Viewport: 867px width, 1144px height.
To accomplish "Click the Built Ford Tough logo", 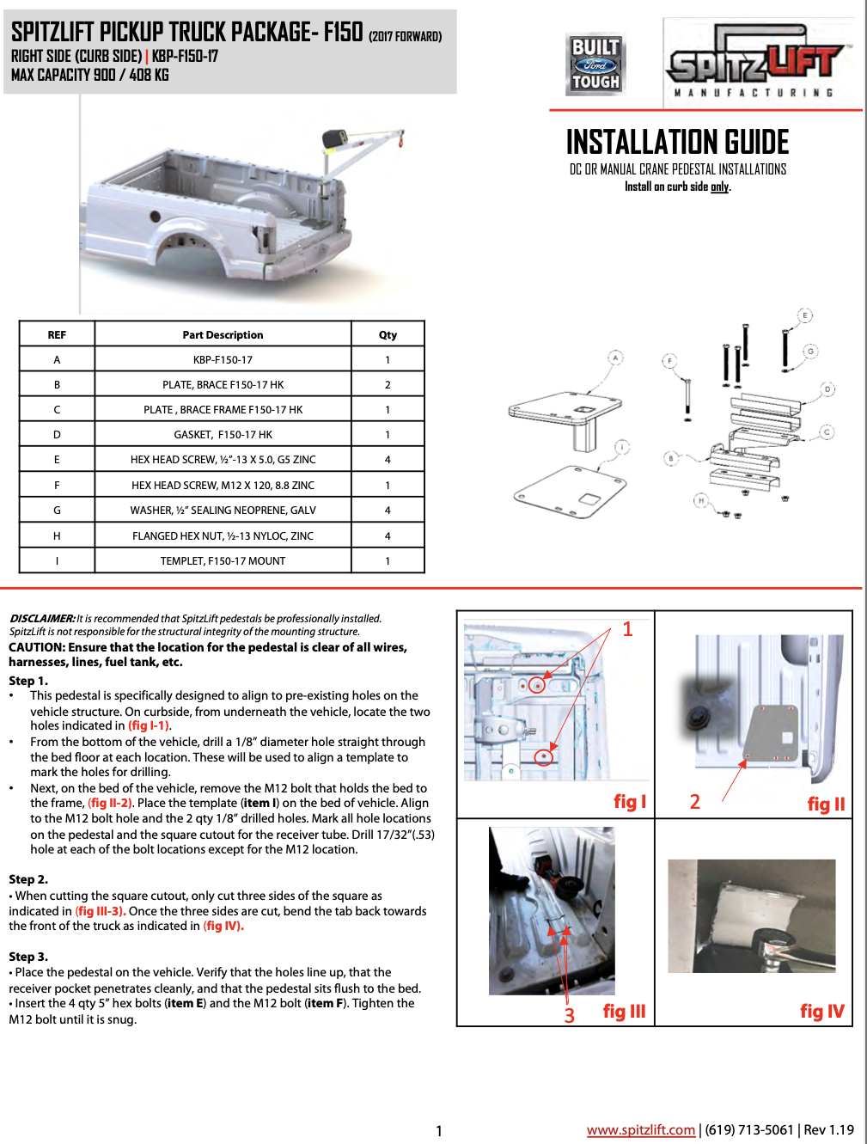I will pos(595,64).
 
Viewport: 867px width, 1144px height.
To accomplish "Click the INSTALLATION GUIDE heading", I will pos(677,142).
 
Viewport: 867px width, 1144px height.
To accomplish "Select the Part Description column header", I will pos(223,335).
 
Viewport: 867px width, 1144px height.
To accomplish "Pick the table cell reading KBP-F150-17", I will pos(223,360).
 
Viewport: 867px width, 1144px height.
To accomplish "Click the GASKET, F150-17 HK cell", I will pos(223,435).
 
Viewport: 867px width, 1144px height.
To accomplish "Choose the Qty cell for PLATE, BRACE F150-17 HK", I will pos(388,385).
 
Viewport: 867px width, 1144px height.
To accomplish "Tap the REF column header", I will pos(57,335).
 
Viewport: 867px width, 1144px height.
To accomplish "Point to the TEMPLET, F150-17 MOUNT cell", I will pos(223,561).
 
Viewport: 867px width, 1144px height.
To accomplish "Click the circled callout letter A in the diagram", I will pos(615,358).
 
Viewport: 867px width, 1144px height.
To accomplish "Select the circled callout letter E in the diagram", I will pos(805,315).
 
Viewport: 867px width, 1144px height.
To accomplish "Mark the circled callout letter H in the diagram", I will pos(701,500).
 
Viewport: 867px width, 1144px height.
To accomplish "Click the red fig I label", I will pos(629,802).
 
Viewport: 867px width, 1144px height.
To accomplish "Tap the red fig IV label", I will pos(821,1012).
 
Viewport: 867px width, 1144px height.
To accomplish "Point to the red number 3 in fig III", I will pos(569,1016).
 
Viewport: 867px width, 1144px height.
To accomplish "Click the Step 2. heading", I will pos(28,879).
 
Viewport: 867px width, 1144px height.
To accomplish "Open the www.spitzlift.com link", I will pos(640,1130).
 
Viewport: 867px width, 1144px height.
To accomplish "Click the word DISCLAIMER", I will pos(42,619).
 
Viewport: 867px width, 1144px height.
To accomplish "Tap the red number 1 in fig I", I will pos(627,629).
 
